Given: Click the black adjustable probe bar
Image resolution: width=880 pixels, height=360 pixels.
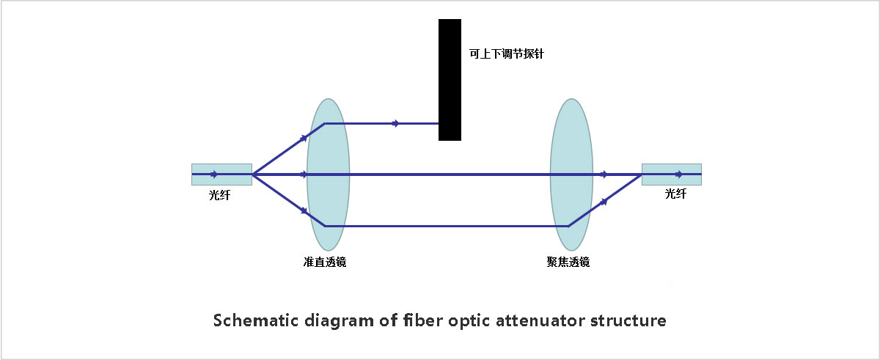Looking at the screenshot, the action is (x=450, y=80).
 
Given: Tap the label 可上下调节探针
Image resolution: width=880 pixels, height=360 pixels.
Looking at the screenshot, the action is (x=507, y=54).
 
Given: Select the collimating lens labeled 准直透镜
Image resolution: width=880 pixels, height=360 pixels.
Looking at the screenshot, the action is (x=328, y=175).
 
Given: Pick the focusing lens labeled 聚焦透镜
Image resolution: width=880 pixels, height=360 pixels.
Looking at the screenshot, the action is (x=571, y=175).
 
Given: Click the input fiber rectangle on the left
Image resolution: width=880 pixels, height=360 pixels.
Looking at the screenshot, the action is (x=221, y=175).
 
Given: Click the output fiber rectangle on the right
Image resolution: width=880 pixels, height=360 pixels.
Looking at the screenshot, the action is (x=672, y=175).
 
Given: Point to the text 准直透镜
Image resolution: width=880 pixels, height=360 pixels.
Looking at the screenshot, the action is (x=324, y=262).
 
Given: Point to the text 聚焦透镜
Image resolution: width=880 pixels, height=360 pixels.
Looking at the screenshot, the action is (x=568, y=262).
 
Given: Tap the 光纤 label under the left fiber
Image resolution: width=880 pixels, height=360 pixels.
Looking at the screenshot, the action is (x=219, y=195).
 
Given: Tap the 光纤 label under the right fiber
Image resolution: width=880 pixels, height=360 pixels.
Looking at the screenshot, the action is (x=675, y=194).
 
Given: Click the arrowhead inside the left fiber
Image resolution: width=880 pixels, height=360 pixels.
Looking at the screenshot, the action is (x=213, y=175).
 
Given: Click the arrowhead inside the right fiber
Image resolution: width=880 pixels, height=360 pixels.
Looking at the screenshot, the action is (x=679, y=175).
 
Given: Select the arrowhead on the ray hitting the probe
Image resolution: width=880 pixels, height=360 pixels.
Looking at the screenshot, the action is (x=395, y=124).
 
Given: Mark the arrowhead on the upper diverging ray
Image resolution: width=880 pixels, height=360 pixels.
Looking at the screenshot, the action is (x=304, y=138).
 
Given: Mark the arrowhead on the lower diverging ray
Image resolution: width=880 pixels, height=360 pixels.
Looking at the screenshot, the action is (x=304, y=211).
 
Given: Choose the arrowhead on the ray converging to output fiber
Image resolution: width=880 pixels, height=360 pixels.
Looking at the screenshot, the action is (x=604, y=202).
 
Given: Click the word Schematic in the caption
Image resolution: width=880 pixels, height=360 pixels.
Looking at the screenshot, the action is (x=256, y=320).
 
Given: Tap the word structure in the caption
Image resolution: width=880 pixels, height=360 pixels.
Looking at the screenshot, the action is (x=628, y=321).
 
